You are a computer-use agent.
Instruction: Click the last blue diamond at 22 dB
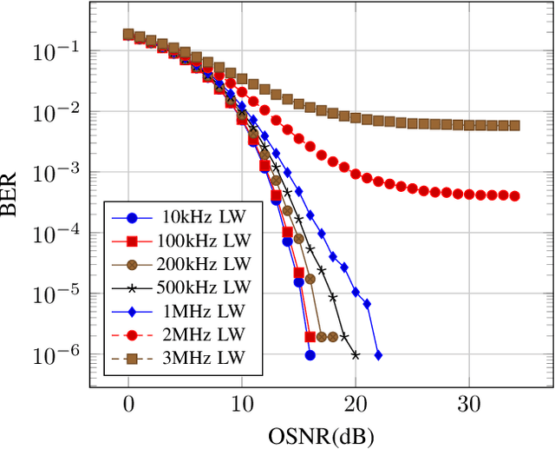378,355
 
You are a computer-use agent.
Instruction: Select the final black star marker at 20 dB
356,354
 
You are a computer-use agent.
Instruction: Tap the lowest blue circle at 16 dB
310,355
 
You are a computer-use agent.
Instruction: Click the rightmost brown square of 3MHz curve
514,126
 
